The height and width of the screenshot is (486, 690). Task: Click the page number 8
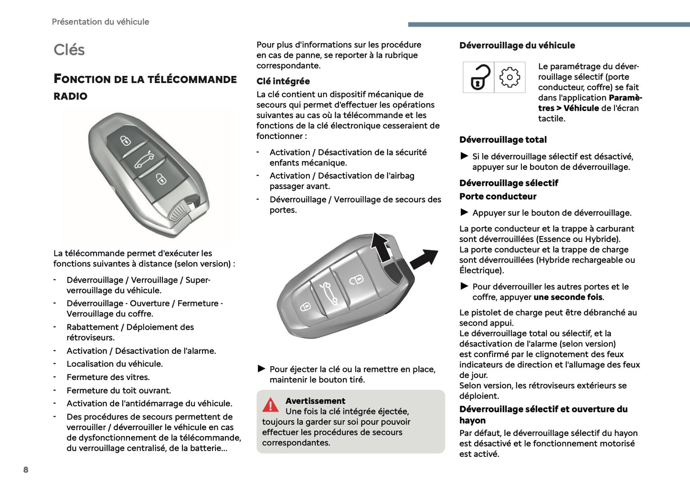[26, 470]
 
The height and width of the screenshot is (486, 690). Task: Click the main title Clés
[69, 50]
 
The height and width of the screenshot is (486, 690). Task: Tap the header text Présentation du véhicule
[100, 22]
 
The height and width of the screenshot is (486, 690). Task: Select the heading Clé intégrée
[283, 81]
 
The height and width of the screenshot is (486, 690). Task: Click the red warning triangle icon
[270, 405]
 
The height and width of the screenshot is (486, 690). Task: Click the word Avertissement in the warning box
[315, 401]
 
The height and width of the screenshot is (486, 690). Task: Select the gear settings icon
[510, 77]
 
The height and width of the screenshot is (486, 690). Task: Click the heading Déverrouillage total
[503, 140]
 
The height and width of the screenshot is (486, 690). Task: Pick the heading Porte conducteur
[498, 196]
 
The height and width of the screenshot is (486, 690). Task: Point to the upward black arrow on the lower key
[381, 246]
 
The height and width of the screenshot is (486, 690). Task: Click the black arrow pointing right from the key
[424, 259]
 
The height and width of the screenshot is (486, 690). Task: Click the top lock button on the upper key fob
[126, 140]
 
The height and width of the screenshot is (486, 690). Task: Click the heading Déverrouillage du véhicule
[517, 46]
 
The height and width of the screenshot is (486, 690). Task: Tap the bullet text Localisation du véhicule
[115, 364]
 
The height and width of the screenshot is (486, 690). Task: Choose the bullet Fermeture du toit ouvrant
[118, 391]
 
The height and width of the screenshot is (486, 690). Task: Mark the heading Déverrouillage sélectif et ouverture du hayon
[543, 414]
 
